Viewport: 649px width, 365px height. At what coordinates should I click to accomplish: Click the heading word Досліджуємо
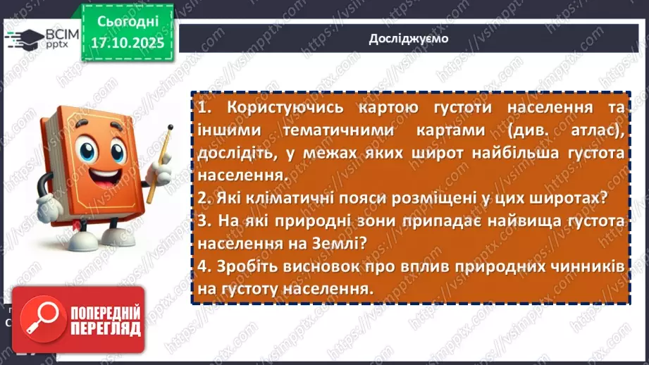tap(408, 39)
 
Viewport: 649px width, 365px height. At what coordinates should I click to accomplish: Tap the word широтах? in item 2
tap(567, 199)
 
